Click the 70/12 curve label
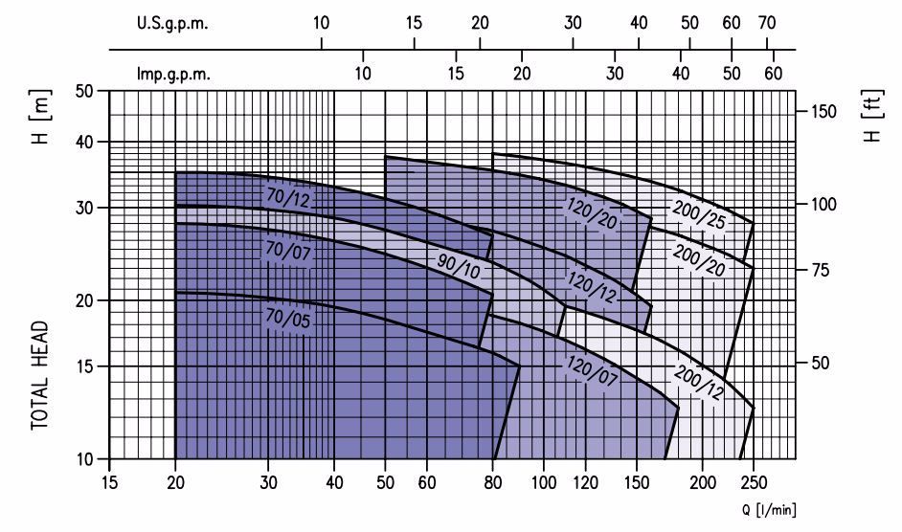(x=287, y=197)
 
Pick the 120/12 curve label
(x=592, y=284)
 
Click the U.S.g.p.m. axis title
(x=172, y=24)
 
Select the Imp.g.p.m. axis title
(x=172, y=73)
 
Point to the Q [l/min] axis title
(x=768, y=510)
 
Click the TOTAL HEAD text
(x=40, y=374)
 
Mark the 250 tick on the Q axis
(x=754, y=482)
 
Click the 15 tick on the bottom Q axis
(x=110, y=482)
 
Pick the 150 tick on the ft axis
(x=823, y=112)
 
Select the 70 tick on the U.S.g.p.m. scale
(x=766, y=23)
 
